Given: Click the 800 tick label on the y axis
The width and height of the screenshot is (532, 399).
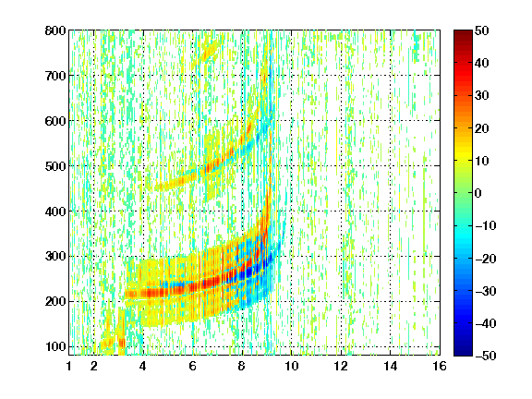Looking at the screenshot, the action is [55, 30].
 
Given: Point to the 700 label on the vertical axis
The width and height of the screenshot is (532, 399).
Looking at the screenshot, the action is [55, 76].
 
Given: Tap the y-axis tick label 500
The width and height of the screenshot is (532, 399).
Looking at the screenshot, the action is [55, 166].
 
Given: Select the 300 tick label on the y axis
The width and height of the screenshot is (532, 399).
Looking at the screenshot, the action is [55, 257].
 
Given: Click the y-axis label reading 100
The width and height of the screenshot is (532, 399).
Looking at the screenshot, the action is [55, 346].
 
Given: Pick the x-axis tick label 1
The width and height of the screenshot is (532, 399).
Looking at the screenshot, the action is [69, 366].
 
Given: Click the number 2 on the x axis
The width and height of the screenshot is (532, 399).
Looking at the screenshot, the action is [94, 366].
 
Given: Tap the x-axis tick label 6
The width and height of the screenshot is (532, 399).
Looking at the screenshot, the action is [193, 366].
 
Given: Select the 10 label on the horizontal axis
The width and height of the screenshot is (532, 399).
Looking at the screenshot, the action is [292, 366].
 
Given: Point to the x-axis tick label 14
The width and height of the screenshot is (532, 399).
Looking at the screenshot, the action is [391, 366].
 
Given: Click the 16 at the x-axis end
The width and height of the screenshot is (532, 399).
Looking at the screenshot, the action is [440, 366].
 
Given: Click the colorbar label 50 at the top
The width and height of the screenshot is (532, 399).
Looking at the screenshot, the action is [482, 30].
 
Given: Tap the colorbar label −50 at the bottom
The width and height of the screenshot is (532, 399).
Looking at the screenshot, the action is [486, 356].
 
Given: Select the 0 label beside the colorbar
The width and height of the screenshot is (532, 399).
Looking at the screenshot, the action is [478, 193].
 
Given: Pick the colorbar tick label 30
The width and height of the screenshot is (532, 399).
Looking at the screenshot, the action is [482, 95].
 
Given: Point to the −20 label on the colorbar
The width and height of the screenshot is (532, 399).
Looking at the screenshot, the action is [486, 259].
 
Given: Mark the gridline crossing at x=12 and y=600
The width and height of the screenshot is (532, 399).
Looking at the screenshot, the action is [341, 120].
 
